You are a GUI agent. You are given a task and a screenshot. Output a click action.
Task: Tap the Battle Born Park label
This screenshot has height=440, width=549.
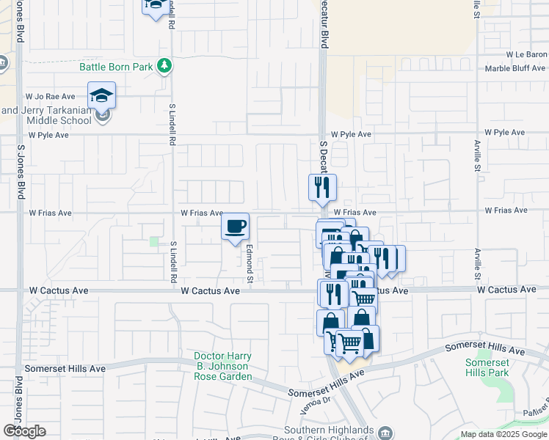coord(116,67)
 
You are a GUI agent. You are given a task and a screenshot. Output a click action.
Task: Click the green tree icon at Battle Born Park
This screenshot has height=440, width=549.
coord(166,67)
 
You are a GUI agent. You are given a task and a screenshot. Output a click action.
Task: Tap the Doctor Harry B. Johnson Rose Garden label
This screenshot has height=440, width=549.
coord(222,367)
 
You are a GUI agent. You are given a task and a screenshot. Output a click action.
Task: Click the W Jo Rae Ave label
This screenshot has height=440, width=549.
coord(51,96)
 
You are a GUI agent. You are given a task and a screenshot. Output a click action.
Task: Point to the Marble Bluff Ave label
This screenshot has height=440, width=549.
coord(516,70)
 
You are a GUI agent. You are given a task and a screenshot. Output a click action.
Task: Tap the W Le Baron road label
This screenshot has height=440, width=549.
coord(526,55)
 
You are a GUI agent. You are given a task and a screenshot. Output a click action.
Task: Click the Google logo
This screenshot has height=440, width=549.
coord(24,431)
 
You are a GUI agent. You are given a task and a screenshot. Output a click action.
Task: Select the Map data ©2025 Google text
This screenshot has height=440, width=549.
coord(503,434)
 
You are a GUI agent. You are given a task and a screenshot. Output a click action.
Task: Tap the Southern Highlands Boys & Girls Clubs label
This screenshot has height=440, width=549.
coord(326,433)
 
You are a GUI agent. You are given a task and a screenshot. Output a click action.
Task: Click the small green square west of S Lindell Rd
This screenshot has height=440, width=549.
coord(154,241)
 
